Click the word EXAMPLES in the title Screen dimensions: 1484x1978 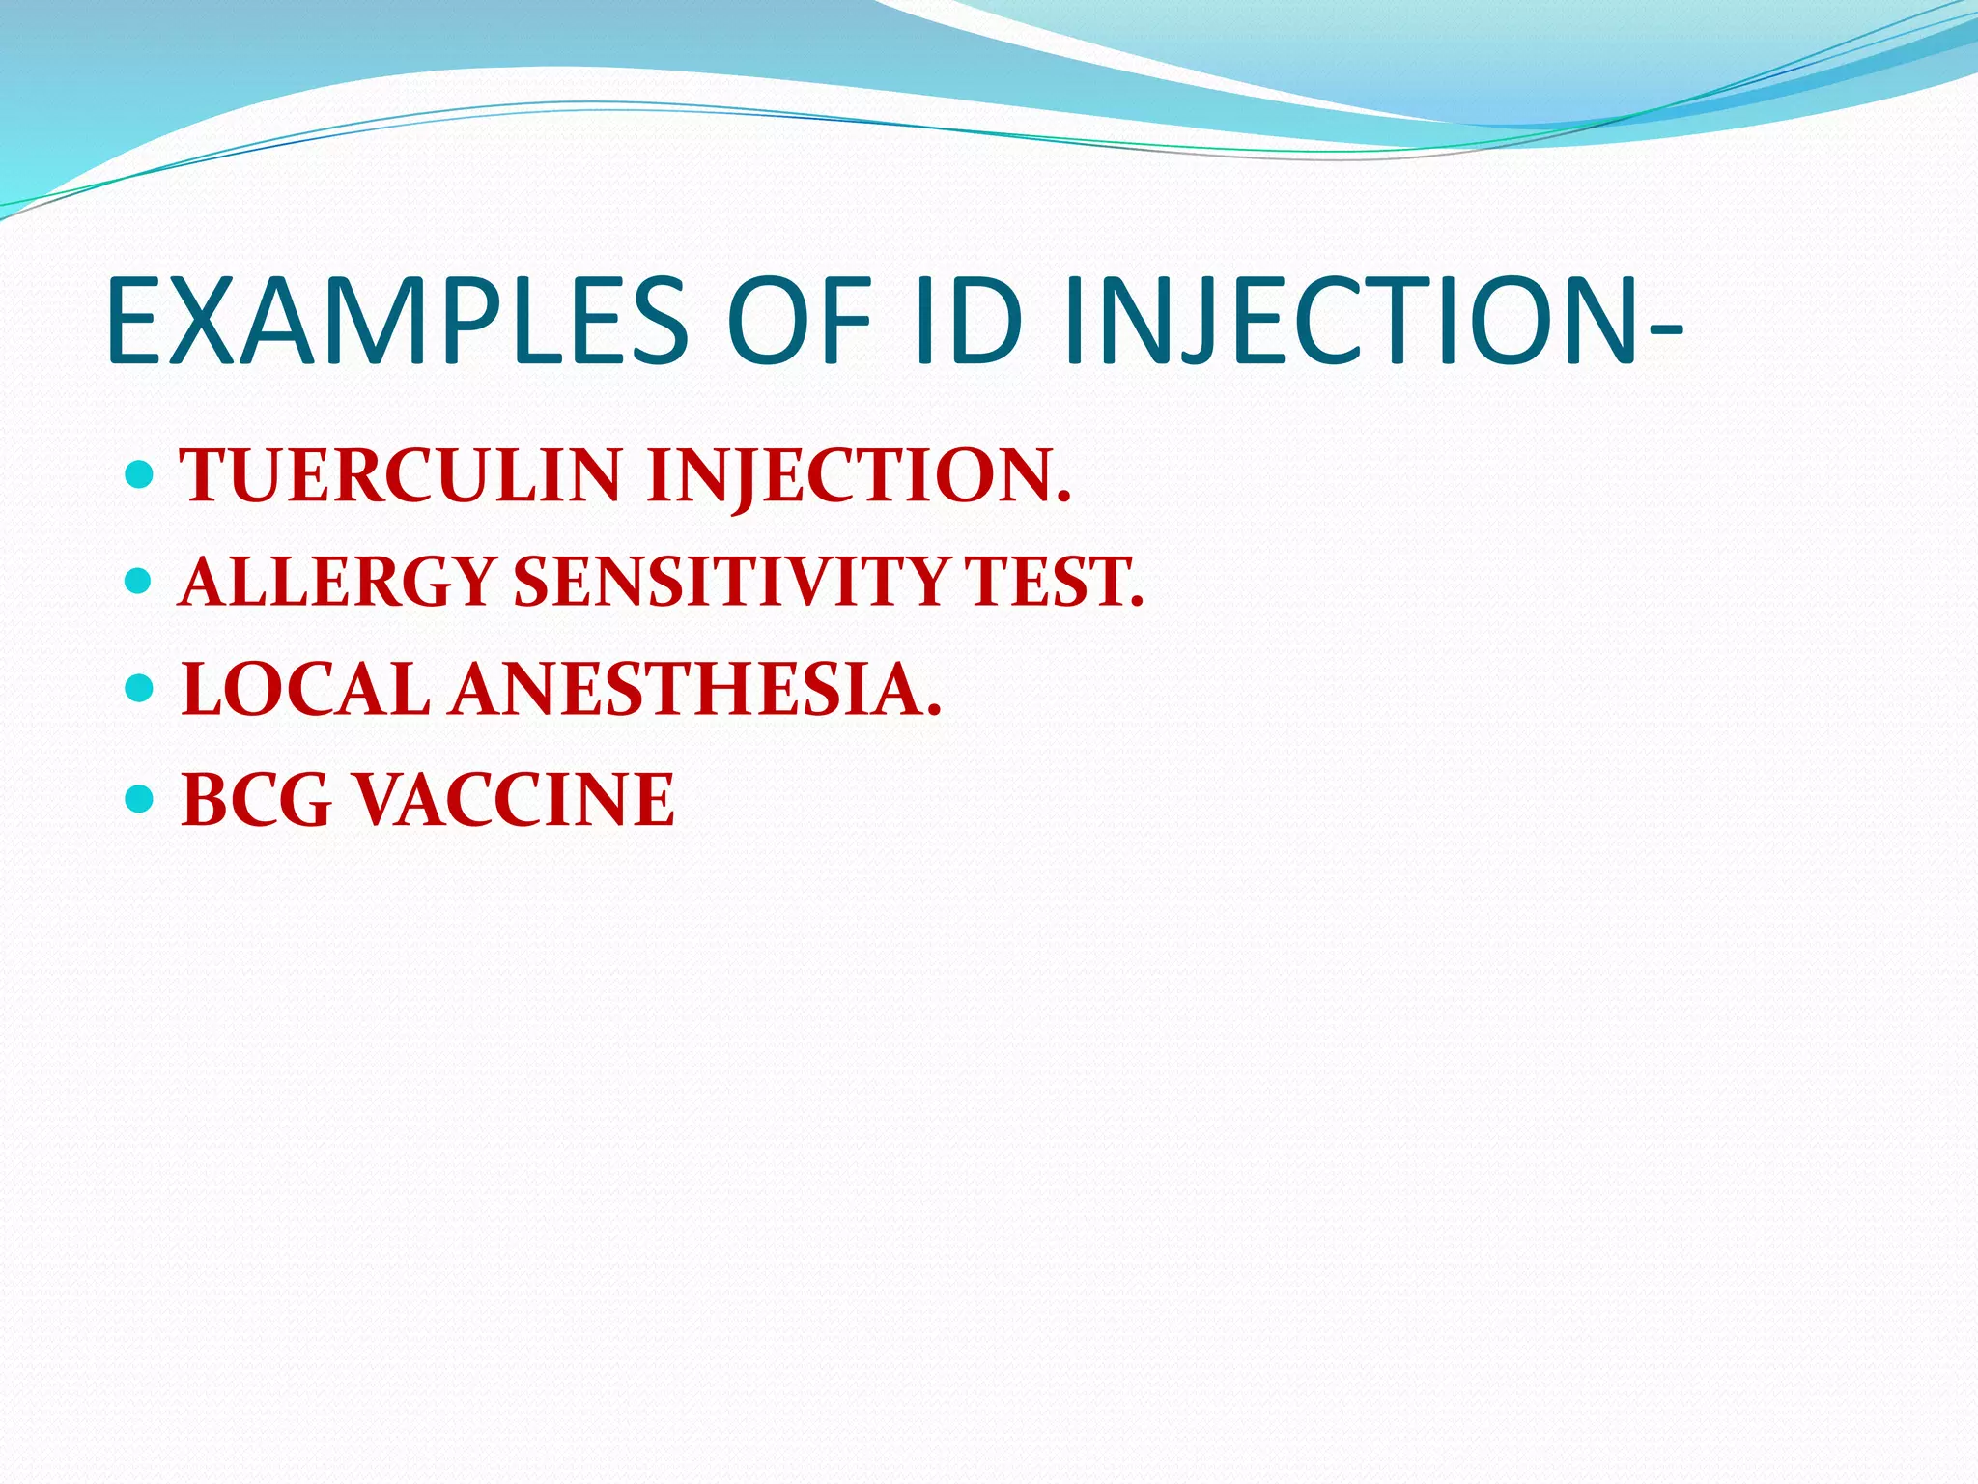tap(396, 321)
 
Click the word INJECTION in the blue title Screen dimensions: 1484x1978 tap(1351, 321)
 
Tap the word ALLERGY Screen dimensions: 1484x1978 tap(338, 583)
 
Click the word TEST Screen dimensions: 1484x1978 tap(1048, 583)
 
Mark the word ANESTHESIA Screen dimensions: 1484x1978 tap(686, 691)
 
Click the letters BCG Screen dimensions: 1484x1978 tap(256, 800)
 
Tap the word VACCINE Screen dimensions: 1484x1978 tap(511, 800)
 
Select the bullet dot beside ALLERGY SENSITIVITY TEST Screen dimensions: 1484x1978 tap(140, 581)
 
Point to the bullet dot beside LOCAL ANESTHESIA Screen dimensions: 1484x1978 tap(140, 689)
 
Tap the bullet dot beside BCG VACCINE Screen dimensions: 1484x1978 tap(140, 798)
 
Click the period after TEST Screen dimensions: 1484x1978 tap(1136, 603)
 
